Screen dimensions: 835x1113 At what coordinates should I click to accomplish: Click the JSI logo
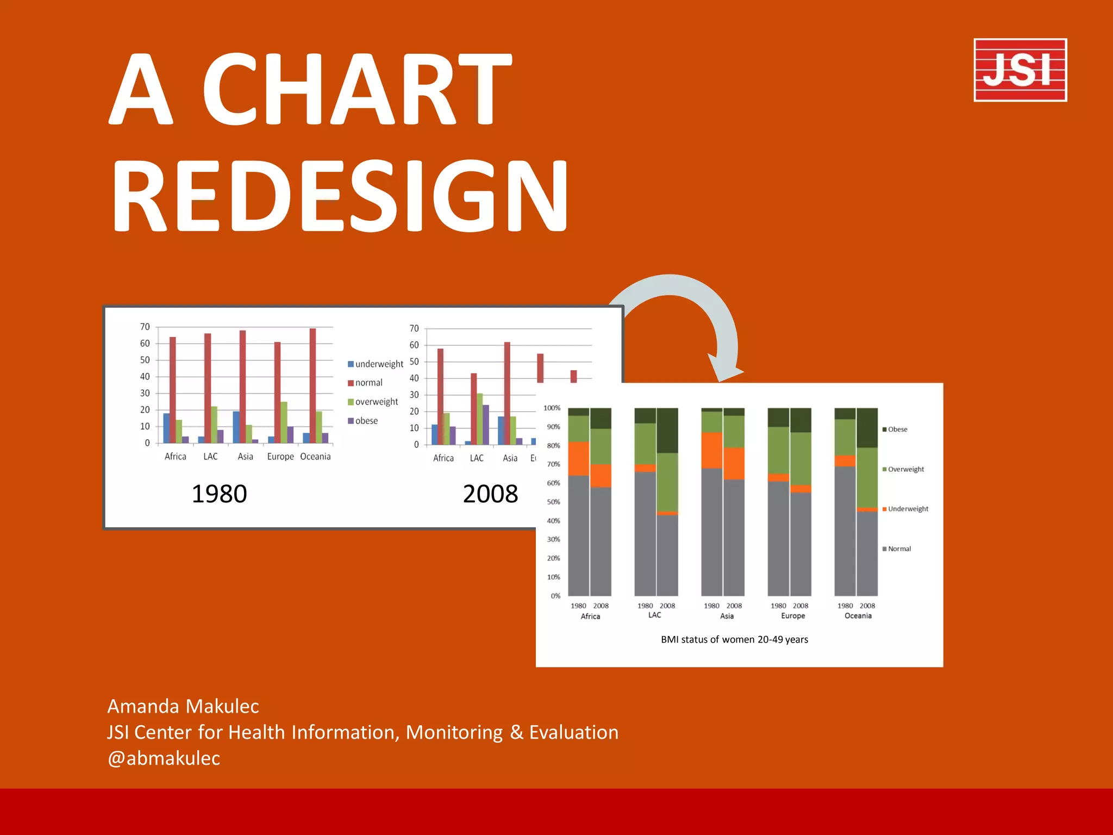pos(1020,70)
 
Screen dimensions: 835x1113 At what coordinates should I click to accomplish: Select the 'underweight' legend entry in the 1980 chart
pos(376,364)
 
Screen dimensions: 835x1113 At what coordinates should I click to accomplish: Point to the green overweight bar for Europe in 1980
pos(284,422)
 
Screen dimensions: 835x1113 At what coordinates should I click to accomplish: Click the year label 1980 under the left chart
pos(219,494)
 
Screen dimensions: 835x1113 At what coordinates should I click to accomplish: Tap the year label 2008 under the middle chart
pos(490,494)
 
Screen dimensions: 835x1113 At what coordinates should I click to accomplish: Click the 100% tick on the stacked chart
pos(552,408)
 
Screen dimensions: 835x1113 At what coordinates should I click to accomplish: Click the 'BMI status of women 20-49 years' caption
pos(734,639)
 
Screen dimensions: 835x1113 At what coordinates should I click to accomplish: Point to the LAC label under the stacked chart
pos(655,615)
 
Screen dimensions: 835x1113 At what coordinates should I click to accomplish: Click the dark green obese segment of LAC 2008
pos(667,430)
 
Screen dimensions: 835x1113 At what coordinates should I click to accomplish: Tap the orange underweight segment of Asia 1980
pos(711,450)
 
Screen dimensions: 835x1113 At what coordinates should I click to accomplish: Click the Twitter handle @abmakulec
pos(164,758)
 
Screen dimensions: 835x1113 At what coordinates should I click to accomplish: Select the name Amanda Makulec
pos(183,706)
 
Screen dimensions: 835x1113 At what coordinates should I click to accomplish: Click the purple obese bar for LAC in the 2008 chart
pos(486,425)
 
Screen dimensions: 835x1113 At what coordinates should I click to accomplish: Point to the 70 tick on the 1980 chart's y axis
pos(145,327)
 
